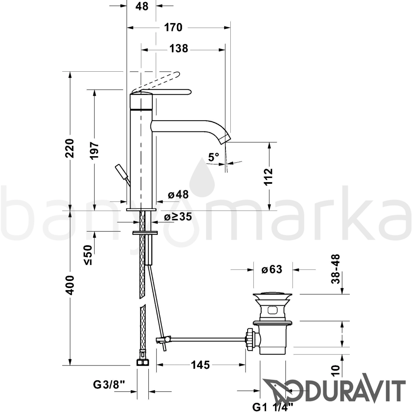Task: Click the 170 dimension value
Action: point(173,27)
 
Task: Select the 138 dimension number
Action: point(179,49)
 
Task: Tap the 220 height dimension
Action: point(70,148)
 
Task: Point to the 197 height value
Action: point(94,150)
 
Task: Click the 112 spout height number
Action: point(269,177)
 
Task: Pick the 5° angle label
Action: point(213,157)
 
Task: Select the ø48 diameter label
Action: point(178,194)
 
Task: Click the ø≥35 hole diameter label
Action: point(178,217)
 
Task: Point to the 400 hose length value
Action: point(70,285)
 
